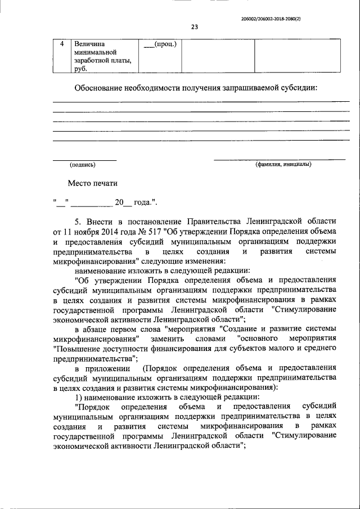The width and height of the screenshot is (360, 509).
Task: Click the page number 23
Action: pyautogui.click(x=195, y=25)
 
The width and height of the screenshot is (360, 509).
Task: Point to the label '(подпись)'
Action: pyautogui.click(x=83, y=165)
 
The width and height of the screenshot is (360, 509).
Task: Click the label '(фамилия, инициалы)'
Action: pyautogui.click(x=283, y=165)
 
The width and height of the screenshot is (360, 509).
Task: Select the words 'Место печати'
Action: pyautogui.click(x=93, y=183)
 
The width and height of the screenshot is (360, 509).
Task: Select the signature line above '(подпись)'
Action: pyautogui.click(x=84, y=160)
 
